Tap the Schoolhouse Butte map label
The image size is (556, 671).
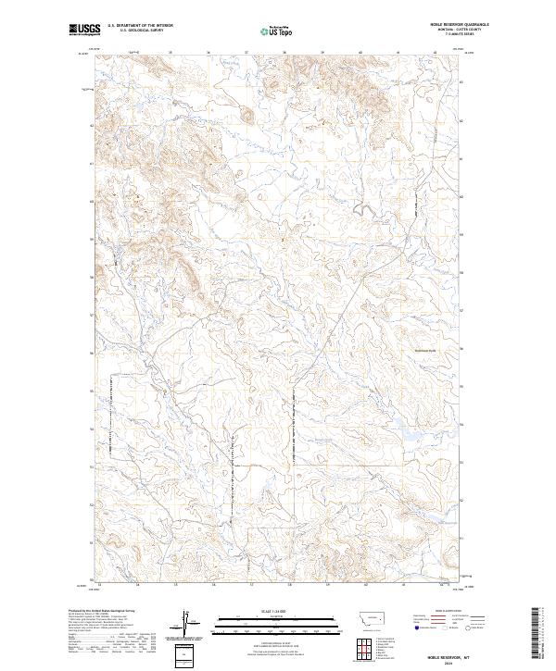pyautogui.click(x=424, y=349)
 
